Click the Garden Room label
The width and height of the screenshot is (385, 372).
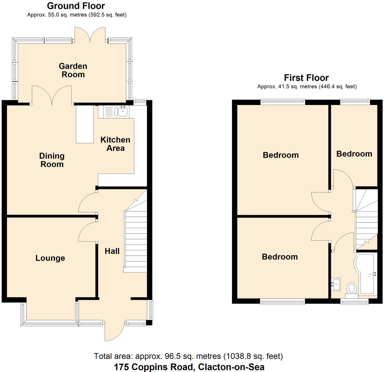[73, 70]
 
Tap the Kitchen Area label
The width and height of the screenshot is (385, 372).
[115, 144]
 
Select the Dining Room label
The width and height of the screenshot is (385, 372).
[52, 160]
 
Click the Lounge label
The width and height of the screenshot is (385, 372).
[50, 258]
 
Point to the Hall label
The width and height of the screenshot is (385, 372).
[112, 251]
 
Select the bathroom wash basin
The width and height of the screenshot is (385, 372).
[336, 284]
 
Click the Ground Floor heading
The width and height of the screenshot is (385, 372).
[76, 6]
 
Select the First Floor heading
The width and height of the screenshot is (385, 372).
[306, 78]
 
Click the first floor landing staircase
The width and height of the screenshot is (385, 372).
[366, 221]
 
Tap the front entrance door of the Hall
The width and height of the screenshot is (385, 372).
[115, 332]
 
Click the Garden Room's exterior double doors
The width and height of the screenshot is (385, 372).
[90, 34]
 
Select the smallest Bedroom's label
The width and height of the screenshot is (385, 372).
[354, 154]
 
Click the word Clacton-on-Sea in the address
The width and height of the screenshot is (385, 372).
[231, 367]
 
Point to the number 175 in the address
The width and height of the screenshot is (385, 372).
[121, 367]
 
